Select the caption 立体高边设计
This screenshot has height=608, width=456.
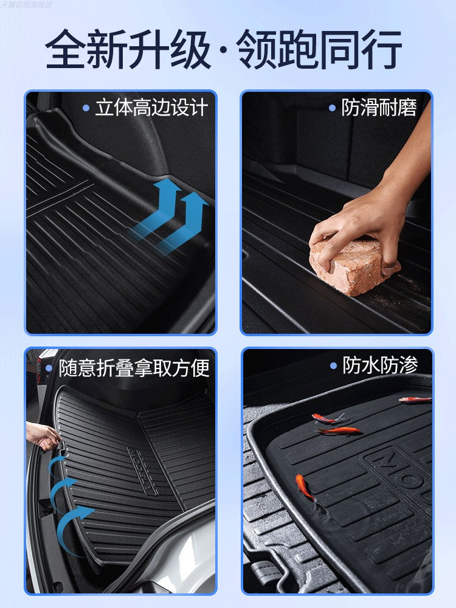pos(151,108)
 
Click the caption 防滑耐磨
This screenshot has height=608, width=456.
pos(379,108)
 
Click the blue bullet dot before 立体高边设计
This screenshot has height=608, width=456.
pos(86,108)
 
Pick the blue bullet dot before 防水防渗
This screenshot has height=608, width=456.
pos(333,365)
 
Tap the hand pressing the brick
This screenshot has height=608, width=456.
pos(365,225)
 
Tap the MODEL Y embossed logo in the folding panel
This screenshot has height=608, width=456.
pos(142,471)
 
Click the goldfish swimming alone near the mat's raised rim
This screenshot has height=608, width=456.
pos(305,487)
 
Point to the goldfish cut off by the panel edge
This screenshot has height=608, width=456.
pos(416,399)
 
